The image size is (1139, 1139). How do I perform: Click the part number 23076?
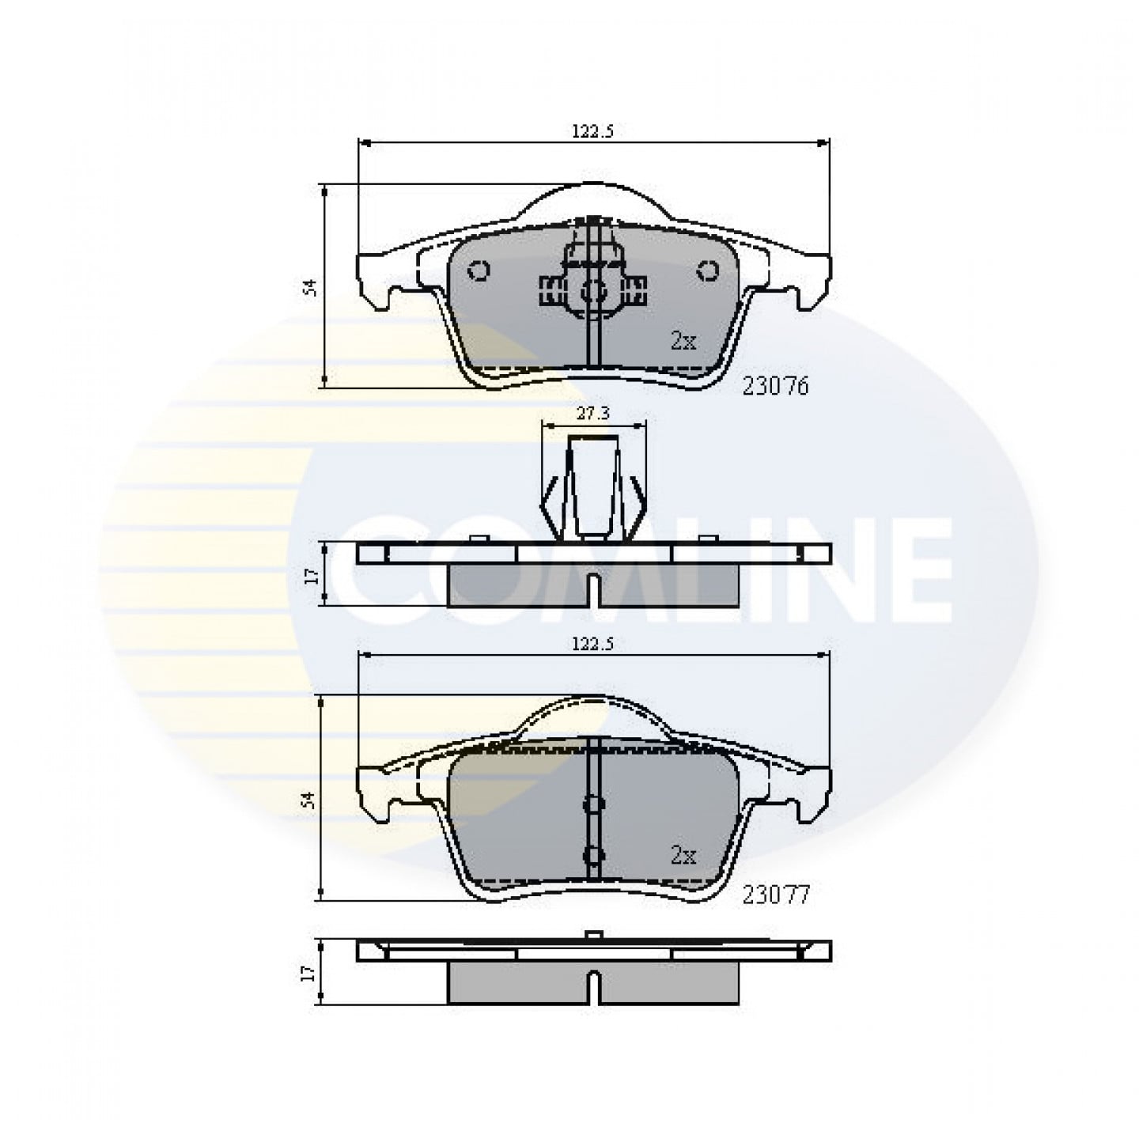775,387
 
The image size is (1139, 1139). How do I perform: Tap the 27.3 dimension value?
593,413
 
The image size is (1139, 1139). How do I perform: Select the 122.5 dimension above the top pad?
593,131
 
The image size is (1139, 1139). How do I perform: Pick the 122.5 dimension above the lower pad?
593,644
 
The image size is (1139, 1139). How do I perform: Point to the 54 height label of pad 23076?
310,287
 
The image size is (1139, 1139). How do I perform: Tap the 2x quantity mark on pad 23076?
683,340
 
